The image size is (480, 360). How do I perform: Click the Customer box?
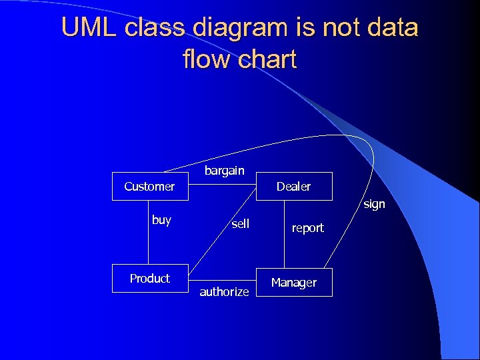tap(149, 187)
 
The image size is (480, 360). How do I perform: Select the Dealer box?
tap(293, 187)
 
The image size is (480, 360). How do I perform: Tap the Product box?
tap(149, 279)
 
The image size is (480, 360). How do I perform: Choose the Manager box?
tap(293, 283)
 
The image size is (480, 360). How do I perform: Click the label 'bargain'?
tap(224, 171)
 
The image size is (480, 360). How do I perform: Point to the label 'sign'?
tap(374, 204)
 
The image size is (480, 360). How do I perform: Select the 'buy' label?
tap(161, 220)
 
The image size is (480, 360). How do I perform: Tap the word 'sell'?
tap(240, 224)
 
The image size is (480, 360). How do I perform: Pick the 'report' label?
tap(307, 228)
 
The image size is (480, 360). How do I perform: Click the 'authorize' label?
tap(224, 292)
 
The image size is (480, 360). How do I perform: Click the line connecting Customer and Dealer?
tap(223, 187)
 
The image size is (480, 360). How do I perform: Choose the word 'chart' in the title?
tap(267, 60)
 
